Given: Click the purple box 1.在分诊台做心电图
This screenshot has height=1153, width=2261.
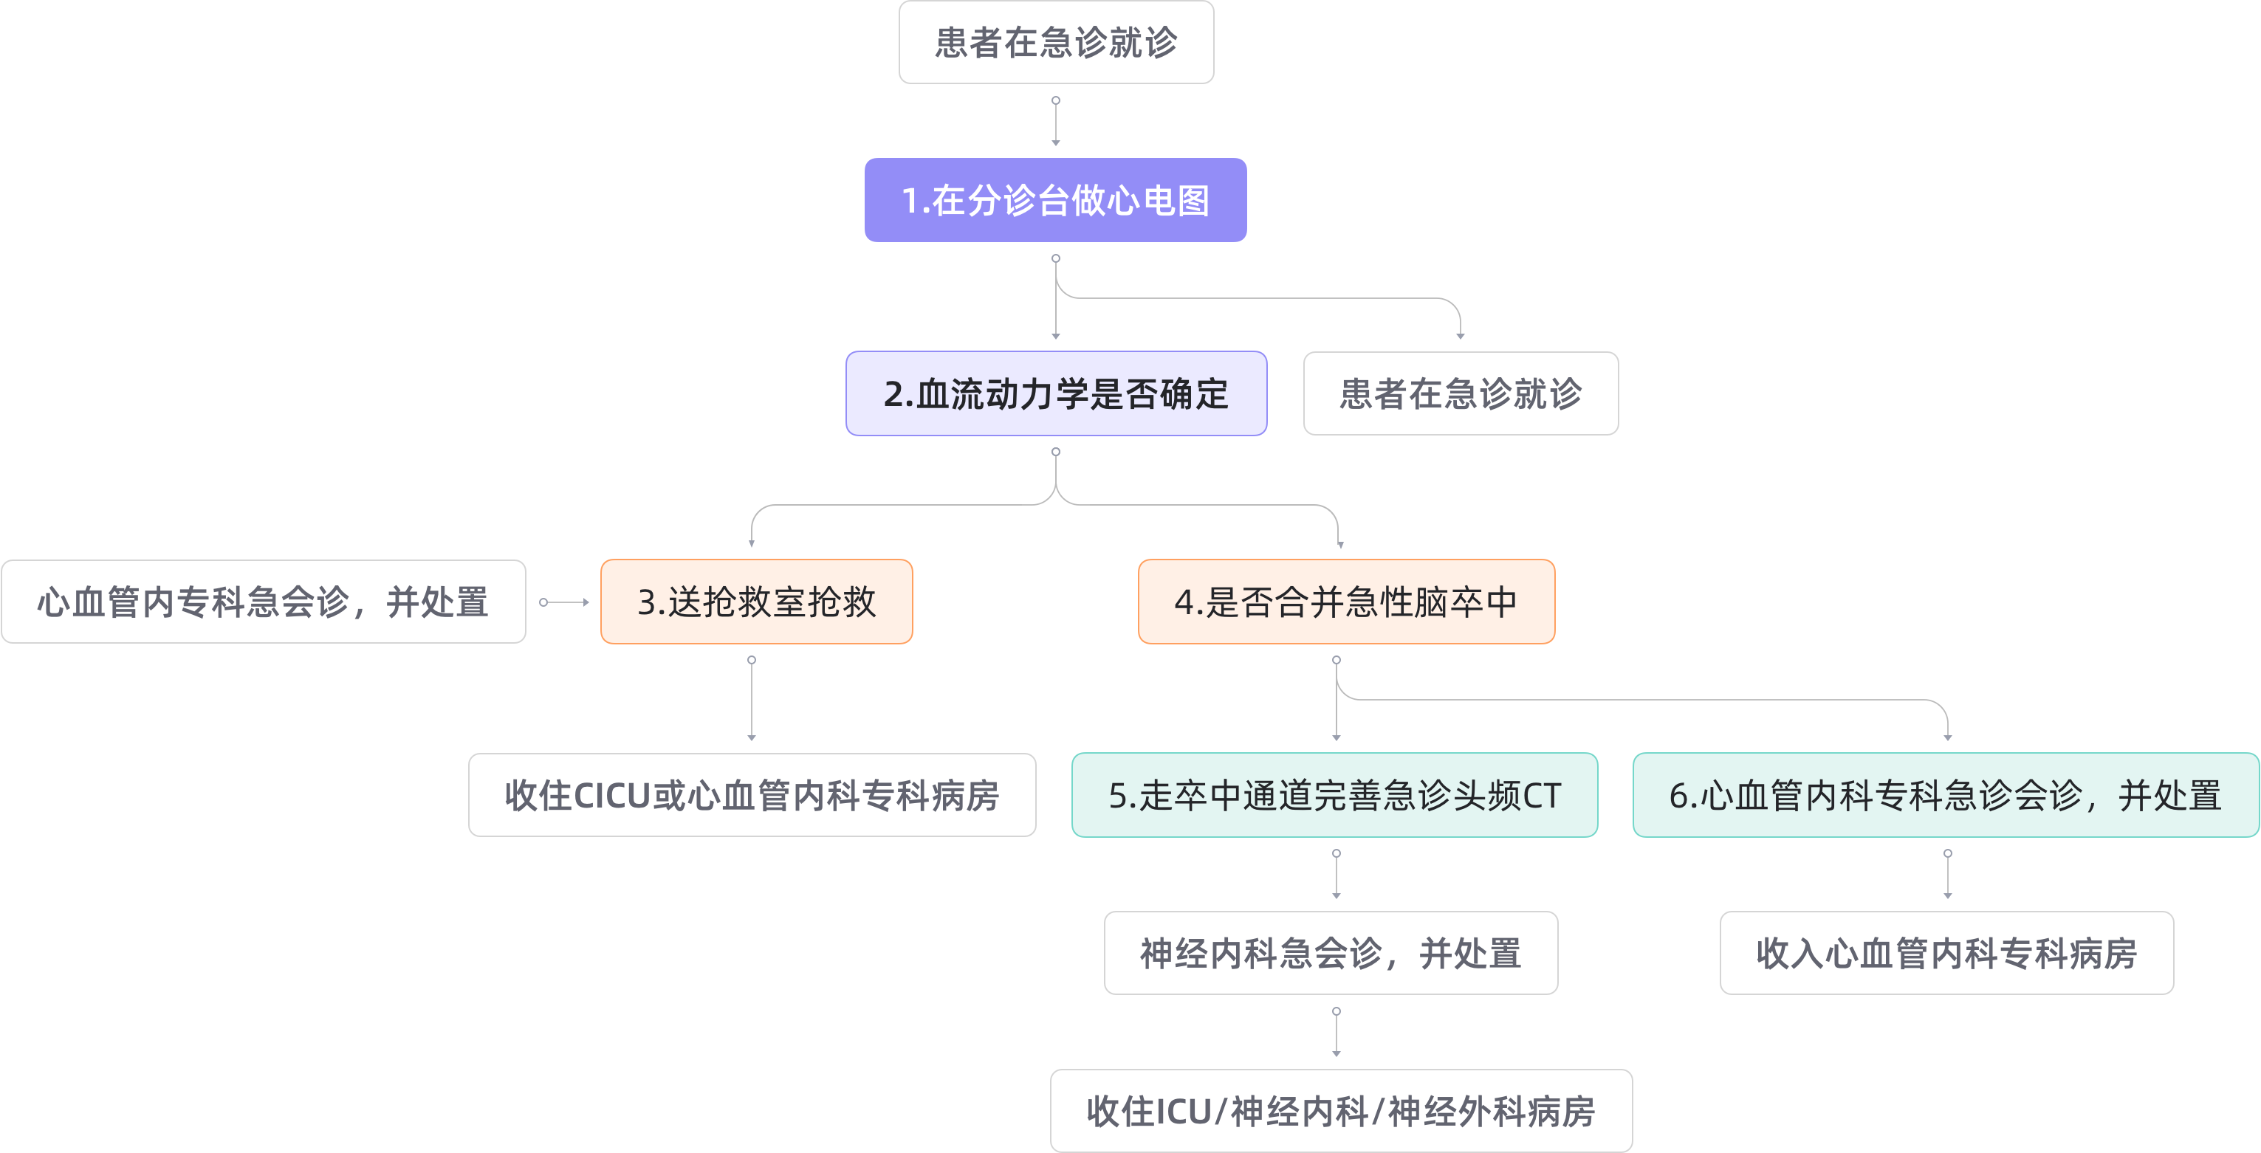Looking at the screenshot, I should point(1055,200).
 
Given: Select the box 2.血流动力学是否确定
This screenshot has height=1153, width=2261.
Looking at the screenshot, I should point(1056,393).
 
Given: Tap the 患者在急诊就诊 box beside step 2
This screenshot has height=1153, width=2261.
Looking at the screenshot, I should point(1461,393).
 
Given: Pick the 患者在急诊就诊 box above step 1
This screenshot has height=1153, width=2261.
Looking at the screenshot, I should point(1056,42).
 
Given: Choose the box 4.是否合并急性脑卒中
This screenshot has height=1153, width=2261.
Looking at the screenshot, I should point(1346,602).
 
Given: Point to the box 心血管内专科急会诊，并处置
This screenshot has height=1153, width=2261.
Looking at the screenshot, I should point(264,602).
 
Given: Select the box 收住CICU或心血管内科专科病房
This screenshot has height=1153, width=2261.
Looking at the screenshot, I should point(751,795).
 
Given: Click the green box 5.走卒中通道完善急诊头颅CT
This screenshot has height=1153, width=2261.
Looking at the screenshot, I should point(1334,795).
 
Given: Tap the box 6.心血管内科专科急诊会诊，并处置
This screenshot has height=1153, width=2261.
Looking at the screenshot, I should point(1945,795).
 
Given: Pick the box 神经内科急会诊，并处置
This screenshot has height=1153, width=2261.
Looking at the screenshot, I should point(1331,953).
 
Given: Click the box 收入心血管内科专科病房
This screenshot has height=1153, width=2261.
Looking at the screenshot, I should point(1946,953).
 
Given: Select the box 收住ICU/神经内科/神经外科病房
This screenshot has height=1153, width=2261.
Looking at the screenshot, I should point(1341,1111).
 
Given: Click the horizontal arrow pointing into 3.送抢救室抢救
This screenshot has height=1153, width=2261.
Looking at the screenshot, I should point(566,602).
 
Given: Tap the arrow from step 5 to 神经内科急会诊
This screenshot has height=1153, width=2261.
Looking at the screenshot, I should point(1336,875).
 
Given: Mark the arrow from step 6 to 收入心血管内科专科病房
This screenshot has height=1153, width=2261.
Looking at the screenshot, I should point(1948,875).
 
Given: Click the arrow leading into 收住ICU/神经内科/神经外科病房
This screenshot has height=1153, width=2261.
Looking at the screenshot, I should point(1336,1033).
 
